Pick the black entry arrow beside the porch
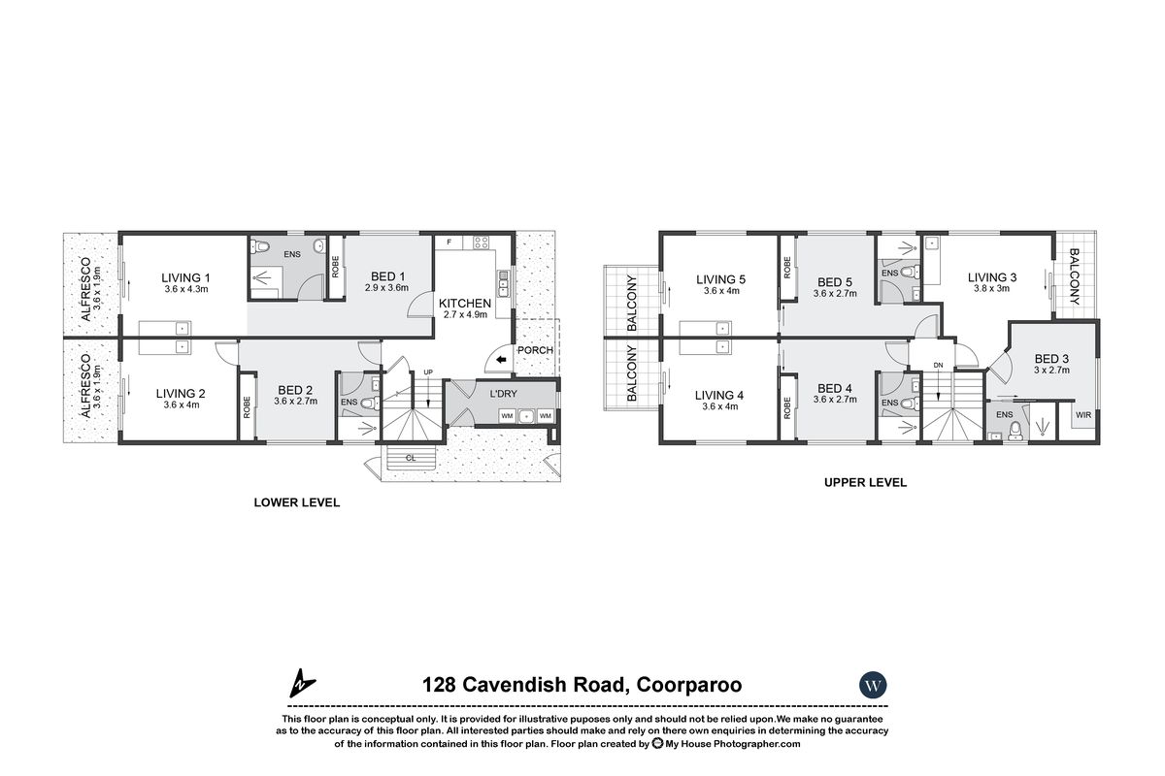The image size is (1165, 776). tap(500, 361)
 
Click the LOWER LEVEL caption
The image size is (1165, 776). tap(296, 502)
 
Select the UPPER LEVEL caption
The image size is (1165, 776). tap(865, 482)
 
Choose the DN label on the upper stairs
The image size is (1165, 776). tap(937, 365)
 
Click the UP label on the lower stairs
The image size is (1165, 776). tap(428, 372)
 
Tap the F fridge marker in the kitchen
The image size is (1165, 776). tap(449, 241)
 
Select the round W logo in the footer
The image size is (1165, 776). tap(873, 685)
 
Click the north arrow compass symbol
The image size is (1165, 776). tap(301, 684)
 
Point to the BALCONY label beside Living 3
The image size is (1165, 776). tap(1075, 276)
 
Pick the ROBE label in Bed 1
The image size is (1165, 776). tap(336, 267)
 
